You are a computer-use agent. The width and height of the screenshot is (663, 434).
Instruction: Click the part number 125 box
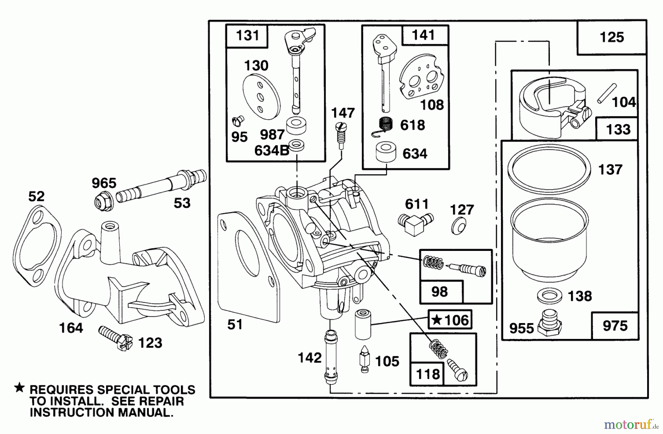coord(612,37)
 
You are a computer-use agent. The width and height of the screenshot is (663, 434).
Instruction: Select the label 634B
coord(271,151)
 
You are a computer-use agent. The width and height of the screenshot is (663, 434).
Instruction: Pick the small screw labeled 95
coord(239,120)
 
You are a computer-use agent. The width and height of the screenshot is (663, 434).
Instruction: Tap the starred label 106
coord(450,320)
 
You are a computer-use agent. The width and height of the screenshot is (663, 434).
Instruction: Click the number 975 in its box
coord(615,326)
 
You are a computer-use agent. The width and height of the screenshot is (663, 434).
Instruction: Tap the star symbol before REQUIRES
coord(20,388)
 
